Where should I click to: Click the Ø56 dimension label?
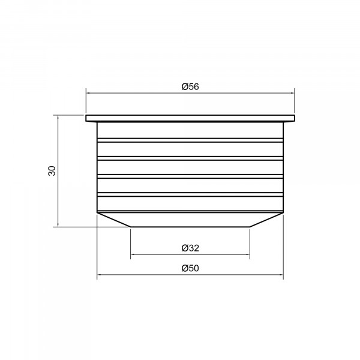[x=190, y=86]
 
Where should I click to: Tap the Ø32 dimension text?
[x=190, y=248]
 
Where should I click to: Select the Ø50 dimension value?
[x=190, y=268]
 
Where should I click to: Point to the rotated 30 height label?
[x=52, y=171]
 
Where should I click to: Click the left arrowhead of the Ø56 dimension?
[x=88, y=93]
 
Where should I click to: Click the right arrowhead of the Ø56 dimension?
[x=293, y=93]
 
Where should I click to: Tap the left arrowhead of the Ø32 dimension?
[x=132, y=254]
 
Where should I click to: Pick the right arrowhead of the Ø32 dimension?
[x=248, y=254]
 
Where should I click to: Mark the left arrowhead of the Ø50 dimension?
[x=99, y=274]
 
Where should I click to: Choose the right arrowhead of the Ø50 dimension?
[x=281, y=274]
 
